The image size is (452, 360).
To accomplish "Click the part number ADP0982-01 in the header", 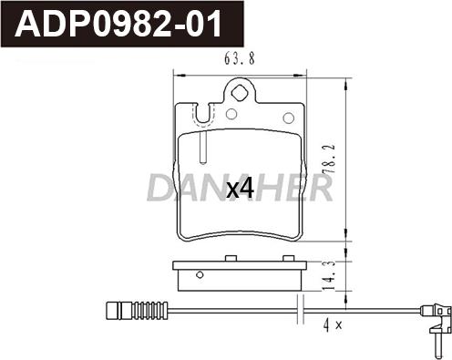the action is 118,24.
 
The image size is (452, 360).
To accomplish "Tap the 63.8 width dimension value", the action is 240,58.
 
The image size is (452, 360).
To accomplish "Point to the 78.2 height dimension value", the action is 330,159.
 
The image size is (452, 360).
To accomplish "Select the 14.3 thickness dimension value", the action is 330,275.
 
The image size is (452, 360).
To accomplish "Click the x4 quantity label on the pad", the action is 240,189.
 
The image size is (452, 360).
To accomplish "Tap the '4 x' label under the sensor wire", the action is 333,325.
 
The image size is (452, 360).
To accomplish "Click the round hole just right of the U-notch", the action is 231,114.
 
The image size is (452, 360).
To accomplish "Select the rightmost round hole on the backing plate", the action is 288,118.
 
